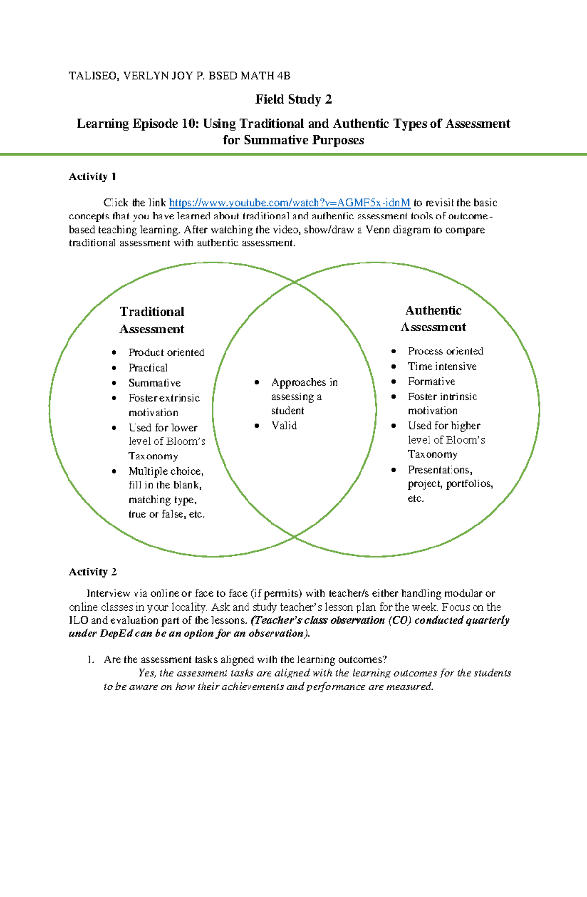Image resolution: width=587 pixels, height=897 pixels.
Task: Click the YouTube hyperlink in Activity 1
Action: (289, 203)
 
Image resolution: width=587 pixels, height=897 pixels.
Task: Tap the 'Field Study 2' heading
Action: (293, 100)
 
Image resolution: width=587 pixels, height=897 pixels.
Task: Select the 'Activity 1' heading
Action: (92, 176)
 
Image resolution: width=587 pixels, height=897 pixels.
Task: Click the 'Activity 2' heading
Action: (92, 572)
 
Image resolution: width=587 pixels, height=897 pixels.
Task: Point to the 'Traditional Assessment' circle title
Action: (152, 320)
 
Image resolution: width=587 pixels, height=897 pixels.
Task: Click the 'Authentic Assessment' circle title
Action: (433, 319)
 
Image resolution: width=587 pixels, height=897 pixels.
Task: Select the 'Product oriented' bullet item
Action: (166, 352)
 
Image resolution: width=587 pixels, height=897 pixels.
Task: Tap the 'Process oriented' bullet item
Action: (446, 351)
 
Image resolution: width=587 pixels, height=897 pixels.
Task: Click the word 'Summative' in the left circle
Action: (154, 383)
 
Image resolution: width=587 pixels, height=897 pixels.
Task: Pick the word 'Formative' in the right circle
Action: (431, 381)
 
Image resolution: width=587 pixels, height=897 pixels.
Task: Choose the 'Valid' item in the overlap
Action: (284, 426)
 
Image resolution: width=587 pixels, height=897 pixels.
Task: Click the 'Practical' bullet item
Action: (148, 368)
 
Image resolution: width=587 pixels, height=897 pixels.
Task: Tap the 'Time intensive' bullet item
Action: (442, 366)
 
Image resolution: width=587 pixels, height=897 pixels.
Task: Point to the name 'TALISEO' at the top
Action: (93, 76)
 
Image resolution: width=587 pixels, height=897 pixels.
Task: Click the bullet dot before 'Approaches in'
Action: (257, 383)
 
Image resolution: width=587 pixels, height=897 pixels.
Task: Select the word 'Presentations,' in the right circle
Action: (440, 470)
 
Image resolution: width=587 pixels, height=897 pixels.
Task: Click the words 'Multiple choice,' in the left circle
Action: (166, 471)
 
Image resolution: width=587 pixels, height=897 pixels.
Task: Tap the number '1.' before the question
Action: (90, 660)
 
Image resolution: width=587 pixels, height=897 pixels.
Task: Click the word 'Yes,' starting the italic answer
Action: (147, 673)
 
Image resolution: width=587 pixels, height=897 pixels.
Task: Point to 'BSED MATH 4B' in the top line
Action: (249, 76)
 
